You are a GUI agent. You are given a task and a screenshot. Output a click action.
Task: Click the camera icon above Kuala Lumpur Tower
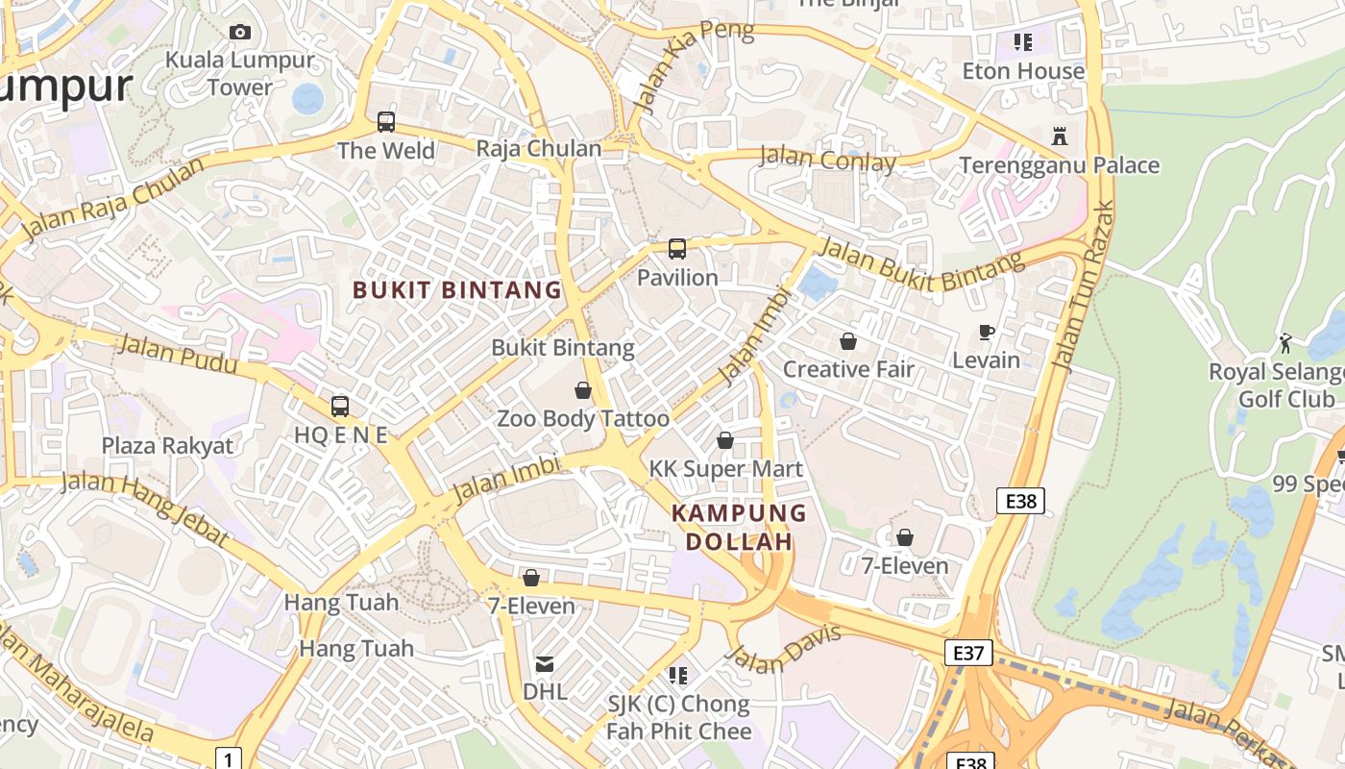(x=240, y=33)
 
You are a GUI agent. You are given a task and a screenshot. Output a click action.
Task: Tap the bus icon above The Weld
(x=386, y=122)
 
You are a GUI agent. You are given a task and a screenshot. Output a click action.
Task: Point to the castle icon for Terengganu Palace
(x=1060, y=136)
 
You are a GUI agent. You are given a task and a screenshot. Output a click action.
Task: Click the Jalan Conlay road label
(x=827, y=159)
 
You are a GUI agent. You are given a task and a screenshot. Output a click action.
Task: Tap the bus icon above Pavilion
(x=677, y=249)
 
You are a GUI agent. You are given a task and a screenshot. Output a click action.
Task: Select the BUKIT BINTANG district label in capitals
(x=457, y=289)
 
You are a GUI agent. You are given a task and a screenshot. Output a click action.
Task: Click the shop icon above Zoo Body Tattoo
(x=582, y=390)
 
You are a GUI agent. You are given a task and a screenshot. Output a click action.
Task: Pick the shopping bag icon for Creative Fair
(x=848, y=341)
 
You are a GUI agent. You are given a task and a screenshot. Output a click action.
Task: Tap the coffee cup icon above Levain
(x=986, y=333)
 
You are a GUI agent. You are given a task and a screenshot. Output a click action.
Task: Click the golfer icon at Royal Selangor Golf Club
(x=1285, y=342)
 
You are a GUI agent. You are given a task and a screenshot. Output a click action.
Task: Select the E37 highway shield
(x=967, y=653)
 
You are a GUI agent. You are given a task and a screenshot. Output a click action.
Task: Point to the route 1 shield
(x=228, y=757)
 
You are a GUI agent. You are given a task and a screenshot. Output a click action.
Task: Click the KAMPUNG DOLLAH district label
(x=739, y=527)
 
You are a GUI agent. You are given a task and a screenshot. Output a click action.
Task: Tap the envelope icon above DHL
(x=545, y=663)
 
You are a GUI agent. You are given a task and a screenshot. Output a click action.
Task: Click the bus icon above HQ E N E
(x=340, y=407)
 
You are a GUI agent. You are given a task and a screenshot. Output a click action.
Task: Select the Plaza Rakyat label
(x=167, y=446)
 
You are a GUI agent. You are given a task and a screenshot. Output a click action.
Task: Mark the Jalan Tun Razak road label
(x=1083, y=286)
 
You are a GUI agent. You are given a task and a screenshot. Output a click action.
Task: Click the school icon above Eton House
(x=1023, y=42)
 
